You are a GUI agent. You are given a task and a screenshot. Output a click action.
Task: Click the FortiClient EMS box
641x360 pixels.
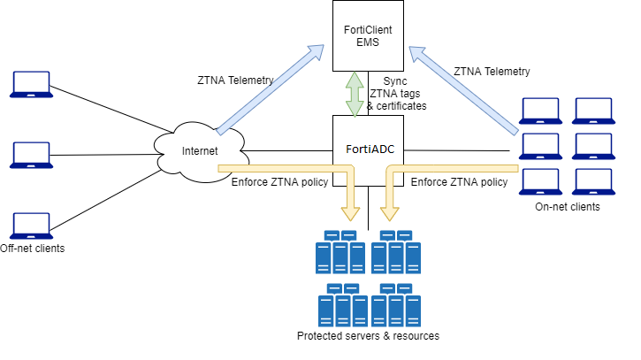(367, 36)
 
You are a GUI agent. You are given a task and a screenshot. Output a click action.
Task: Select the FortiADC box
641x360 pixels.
(367, 149)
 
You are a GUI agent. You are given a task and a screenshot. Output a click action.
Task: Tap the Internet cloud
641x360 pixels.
(200, 150)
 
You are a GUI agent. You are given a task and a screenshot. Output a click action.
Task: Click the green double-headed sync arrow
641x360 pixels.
(355, 94)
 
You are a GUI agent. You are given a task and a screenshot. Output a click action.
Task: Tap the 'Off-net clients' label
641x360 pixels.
(33, 249)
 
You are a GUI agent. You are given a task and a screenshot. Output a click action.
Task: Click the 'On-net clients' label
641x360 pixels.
(568, 207)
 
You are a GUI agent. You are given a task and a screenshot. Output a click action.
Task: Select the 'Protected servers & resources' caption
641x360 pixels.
(368, 336)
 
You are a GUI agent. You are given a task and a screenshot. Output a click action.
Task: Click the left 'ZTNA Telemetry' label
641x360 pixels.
(235, 80)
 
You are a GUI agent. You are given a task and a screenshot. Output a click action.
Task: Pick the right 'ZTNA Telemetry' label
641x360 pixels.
(492, 72)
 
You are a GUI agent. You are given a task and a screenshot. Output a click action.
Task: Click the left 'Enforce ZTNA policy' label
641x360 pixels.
(279, 182)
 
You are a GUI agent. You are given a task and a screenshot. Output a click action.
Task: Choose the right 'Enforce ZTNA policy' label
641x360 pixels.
(460, 182)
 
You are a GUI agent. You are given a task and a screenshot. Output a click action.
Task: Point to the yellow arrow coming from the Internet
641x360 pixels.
(292, 167)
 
